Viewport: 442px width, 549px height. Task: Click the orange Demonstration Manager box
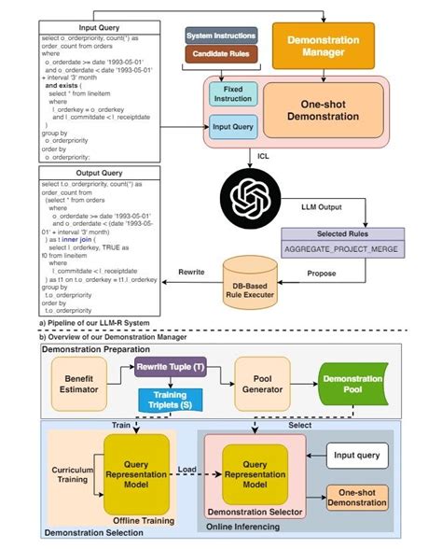coord(323,46)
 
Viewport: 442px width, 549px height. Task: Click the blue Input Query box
coord(233,128)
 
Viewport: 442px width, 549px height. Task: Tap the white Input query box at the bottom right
coord(355,457)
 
